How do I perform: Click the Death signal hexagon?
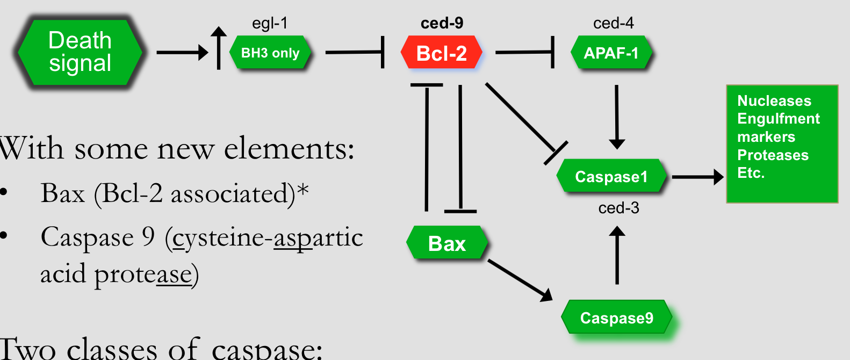(80, 52)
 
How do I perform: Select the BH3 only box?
(270, 52)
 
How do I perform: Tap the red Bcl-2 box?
(441, 52)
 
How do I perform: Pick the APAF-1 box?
(611, 52)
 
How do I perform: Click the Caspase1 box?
(611, 176)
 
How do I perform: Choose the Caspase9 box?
(617, 317)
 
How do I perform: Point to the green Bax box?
(447, 243)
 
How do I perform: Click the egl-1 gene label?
(270, 23)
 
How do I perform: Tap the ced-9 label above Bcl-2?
(442, 23)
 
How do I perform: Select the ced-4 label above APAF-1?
(613, 23)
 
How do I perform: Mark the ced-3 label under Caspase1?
(618, 208)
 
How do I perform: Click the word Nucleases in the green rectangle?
(774, 101)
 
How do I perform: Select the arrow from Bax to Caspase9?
(520, 280)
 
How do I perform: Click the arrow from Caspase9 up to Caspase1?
(617, 255)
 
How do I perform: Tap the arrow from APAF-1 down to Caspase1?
(617, 117)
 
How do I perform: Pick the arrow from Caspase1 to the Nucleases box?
(698, 177)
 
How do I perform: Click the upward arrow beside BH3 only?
(219, 48)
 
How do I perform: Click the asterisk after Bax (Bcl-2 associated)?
(302, 189)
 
